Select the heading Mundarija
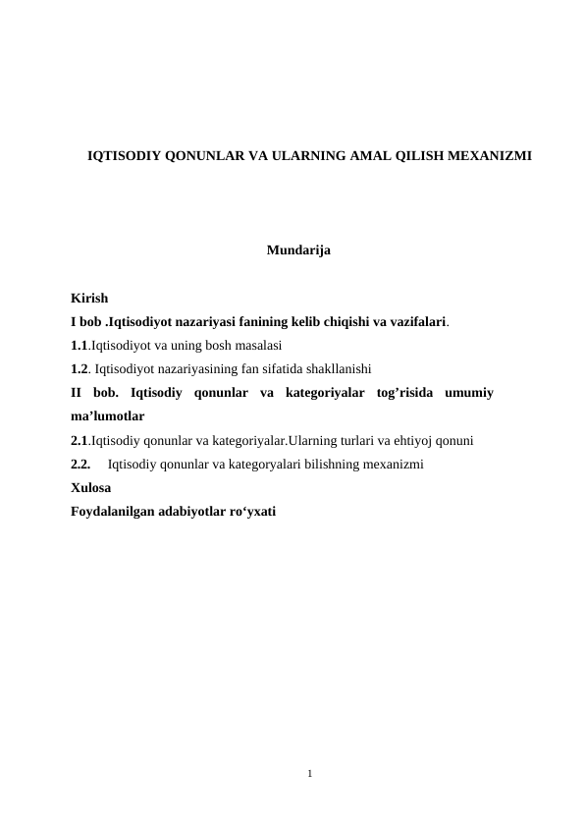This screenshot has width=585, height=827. point(298,251)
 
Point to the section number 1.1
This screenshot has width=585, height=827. point(80,346)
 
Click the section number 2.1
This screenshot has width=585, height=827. point(80,441)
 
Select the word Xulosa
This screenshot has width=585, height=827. point(91,488)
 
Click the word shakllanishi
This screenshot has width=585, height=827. point(323,370)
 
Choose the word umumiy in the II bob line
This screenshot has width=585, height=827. point(468,394)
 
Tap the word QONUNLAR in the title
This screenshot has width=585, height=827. point(196,156)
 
